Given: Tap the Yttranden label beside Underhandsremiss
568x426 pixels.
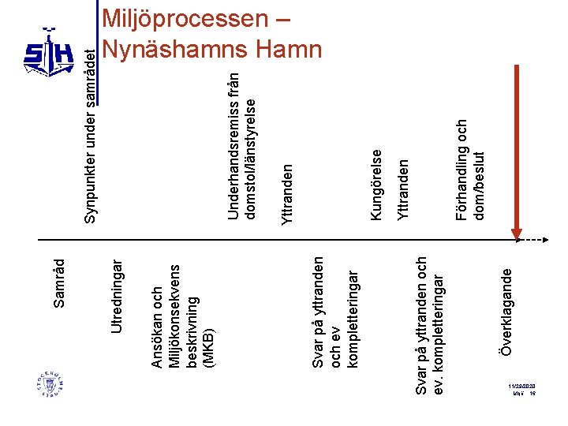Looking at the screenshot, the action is click(x=288, y=192).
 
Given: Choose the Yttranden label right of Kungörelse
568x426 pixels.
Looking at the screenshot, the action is click(x=404, y=189).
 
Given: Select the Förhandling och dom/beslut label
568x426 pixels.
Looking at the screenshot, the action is click(x=471, y=169).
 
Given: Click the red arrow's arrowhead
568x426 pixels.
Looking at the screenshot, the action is click(x=517, y=236).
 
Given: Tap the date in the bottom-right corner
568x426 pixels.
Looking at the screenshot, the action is click(x=522, y=386).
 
